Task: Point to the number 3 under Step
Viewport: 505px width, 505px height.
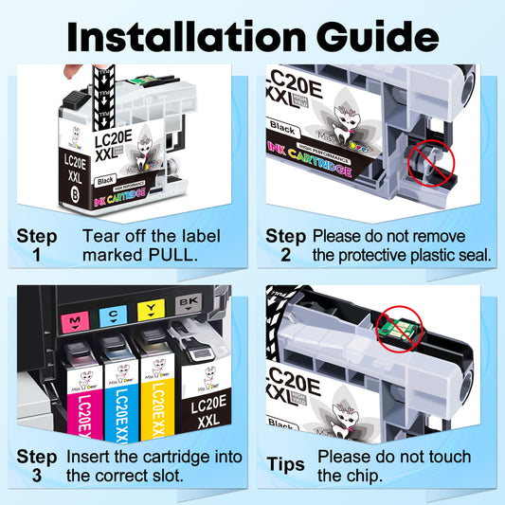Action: coord(37,477)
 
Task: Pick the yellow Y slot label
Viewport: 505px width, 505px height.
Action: coord(150,307)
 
